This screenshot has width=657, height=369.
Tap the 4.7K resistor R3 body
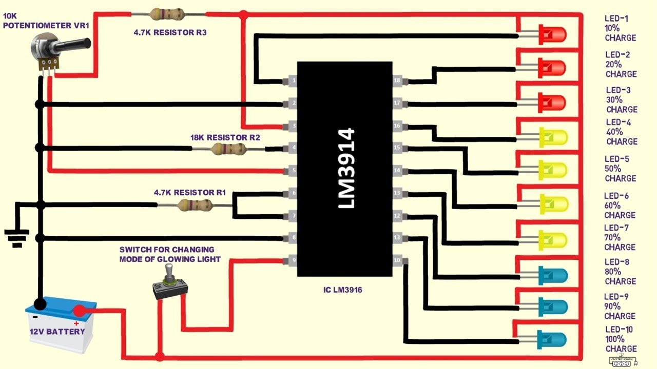168,14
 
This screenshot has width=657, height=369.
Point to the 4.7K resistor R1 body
195,206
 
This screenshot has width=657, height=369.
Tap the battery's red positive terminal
79,311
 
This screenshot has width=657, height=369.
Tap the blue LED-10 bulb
553,340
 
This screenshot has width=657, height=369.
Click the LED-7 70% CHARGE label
620,237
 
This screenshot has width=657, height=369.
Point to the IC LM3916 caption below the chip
342,290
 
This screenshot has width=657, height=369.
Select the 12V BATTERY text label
57,332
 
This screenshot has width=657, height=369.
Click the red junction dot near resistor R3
243,15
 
